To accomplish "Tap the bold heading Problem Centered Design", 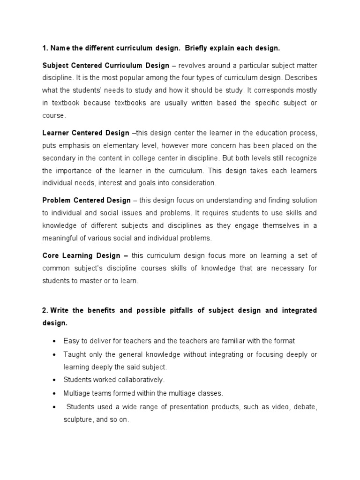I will (x=87, y=201).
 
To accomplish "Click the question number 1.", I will (x=45, y=48).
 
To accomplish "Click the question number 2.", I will (x=45, y=310).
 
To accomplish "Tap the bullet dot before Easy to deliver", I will (x=55, y=341).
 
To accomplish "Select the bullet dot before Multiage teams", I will (x=55, y=392).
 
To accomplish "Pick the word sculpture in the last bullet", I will (x=78, y=420).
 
